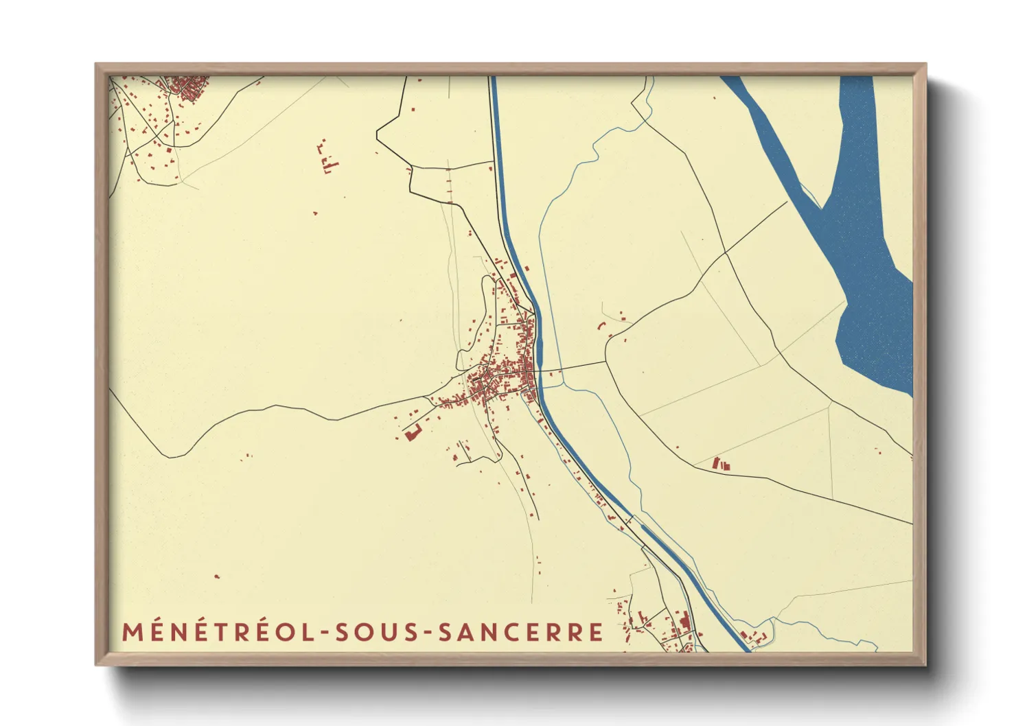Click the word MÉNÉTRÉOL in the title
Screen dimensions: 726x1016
[218, 631]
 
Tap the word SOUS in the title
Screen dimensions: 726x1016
[375, 631]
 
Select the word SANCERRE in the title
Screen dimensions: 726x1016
[521, 631]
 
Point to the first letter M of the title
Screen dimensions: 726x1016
[132, 632]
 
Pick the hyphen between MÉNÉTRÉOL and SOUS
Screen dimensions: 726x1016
[323, 633]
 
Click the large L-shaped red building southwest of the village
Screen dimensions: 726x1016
[412, 433]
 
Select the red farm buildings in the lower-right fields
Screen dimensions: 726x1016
[721, 465]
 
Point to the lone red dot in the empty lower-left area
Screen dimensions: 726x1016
[217, 576]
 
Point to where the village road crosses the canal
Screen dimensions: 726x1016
[540, 371]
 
